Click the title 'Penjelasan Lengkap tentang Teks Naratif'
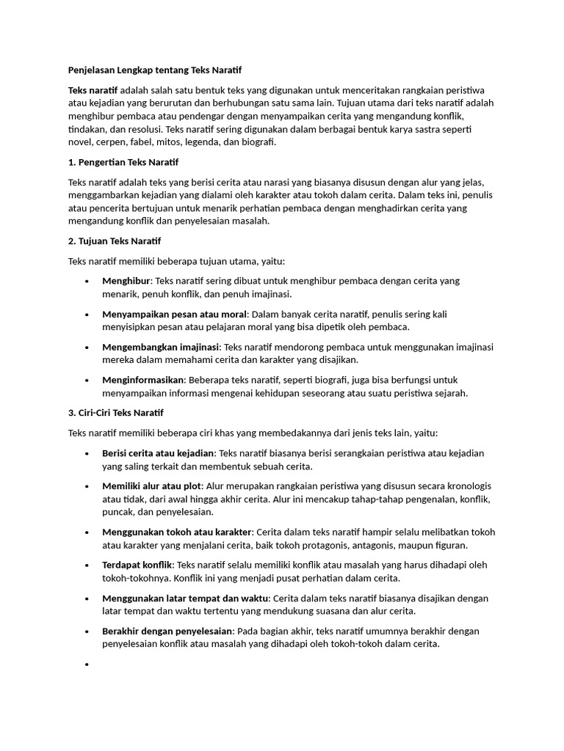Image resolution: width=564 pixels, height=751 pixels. click(154, 70)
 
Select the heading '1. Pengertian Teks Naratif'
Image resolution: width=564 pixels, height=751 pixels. click(123, 162)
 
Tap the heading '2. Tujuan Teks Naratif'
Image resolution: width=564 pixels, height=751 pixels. click(115, 241)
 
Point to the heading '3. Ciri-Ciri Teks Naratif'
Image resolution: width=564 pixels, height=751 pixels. click(116, 413)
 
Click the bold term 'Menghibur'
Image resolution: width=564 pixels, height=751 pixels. click(126, 281)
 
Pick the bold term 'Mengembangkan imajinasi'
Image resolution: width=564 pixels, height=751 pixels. click(160, 347)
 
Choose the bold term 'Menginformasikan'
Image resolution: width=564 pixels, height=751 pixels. click(144, 380)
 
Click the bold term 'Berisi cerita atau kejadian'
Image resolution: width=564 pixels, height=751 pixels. click(158, 453)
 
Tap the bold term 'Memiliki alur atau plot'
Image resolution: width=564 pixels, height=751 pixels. click(151, 486)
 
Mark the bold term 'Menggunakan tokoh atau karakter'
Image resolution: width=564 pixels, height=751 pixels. click(177, 532)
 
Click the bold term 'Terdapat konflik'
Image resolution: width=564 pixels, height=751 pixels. click(137, 565)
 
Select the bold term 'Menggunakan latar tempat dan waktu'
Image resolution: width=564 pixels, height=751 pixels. click(186, 598)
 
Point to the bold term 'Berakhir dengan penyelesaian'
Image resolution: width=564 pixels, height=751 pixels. click(167, 631)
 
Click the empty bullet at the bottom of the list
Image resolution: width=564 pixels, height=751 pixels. click(87, 664)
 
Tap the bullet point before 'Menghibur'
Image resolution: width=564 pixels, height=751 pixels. click(87, 282)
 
